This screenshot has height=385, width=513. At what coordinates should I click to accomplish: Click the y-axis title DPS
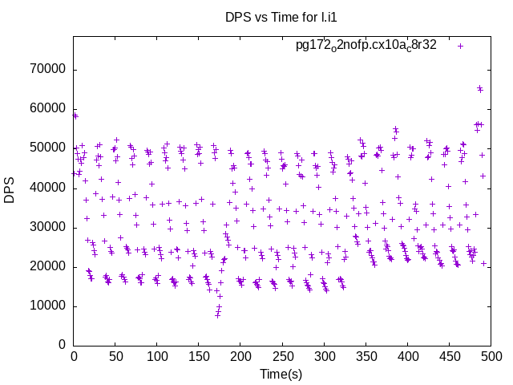10,191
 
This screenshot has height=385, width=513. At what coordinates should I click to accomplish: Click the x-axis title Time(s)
281,374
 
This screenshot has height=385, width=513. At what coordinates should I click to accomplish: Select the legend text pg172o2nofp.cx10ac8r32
366,46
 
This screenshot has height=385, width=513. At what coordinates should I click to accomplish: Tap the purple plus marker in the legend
460,46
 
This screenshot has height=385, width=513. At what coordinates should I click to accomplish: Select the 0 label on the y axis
63,345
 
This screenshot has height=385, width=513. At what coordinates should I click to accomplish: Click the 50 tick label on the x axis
115,356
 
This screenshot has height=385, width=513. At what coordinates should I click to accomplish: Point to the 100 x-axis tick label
157,356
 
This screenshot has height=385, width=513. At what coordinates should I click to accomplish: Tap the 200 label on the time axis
240,356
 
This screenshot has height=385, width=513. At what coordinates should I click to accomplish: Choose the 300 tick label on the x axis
324,356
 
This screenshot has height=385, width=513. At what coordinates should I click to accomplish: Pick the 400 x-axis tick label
407,356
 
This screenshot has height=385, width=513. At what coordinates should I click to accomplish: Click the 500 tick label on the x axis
491,356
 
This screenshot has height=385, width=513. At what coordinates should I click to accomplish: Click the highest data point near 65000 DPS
479,88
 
